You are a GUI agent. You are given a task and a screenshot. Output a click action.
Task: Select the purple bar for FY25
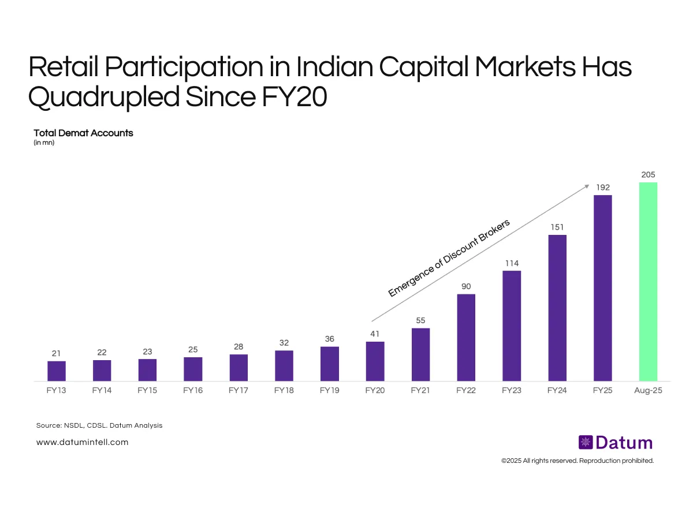click(x=602, y=288)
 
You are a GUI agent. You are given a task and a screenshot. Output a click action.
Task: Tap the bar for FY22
click(x=466, y=338)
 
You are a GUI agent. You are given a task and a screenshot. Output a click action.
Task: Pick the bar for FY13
click(x=57, y=371)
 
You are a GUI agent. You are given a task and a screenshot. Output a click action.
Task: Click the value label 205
click(x=648, y=174)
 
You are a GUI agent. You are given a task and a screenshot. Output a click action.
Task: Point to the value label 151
click(x=557, y=227)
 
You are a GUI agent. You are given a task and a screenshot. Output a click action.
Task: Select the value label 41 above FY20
click(x=375, y=334)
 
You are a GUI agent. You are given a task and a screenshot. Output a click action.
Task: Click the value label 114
click(x=512, y=263)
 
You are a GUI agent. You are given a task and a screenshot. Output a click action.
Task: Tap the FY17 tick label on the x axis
click(x=239, y=390)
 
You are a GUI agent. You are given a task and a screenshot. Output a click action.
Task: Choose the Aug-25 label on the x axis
click(x=648, y=390)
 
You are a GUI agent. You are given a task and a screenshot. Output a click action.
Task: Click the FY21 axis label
click(x=420, y=390)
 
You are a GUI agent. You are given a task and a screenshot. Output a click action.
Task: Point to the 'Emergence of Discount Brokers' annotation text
click(x=449, y=258)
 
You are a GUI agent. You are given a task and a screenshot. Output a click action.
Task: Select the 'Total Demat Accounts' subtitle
click(x=83, y=133)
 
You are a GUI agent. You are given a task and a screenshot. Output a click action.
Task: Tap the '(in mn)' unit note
click(x=44, y=143)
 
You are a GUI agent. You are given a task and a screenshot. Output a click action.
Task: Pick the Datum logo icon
click(x=586, y=443)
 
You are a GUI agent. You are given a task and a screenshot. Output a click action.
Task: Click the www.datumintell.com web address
click(x=82, y=442)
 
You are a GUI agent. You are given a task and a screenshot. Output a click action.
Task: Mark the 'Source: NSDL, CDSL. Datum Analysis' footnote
click(x=99, y=425)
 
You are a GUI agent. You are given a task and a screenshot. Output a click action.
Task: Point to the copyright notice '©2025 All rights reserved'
click(x=577, y=461)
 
